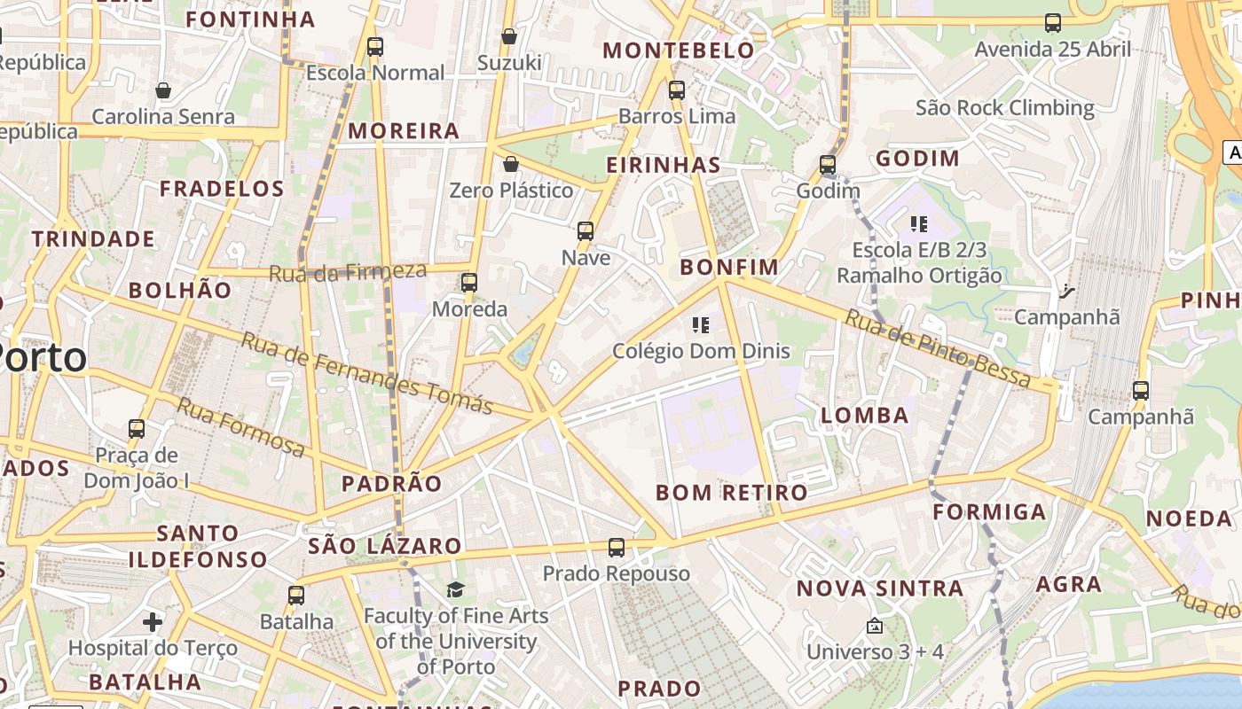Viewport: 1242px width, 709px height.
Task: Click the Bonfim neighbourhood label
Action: [x=729, y=267]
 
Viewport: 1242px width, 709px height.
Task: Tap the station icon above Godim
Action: [x=828, y=165]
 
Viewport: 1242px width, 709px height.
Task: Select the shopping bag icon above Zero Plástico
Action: [x=510, y=164]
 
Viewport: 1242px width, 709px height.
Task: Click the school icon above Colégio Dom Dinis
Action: [x=701, y=325]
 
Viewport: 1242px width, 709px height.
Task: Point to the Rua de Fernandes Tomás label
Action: [x=366, y=373]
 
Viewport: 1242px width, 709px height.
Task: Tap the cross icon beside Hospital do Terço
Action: [x=153, y=622]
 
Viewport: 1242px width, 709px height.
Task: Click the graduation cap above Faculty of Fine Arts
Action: [x=455, y=589]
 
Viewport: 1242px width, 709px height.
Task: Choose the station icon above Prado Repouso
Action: [x=617, y=548]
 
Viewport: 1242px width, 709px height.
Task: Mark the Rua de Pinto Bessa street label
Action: [x=938, y=348]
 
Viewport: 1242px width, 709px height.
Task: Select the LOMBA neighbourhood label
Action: [x=865, y=416]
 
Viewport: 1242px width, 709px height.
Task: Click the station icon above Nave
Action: [x=586, y=231]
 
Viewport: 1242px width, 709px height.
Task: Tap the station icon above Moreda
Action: [x=469, y=283]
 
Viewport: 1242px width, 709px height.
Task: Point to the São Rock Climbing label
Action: [x=1004, y=108]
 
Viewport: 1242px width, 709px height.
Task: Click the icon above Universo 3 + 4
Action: [x=874, y=627]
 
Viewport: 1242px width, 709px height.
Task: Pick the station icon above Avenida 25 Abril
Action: [x=1053, y=23]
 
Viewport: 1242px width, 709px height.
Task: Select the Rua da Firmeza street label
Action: [x=347, y=272]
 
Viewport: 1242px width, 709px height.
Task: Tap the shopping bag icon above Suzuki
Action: [x=509, y=36]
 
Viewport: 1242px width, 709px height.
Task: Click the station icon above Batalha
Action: [x=296, y=596]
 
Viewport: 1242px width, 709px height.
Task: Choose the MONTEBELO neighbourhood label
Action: [x=679, y=51]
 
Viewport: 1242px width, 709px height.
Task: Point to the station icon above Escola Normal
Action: [x=375, y=46]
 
